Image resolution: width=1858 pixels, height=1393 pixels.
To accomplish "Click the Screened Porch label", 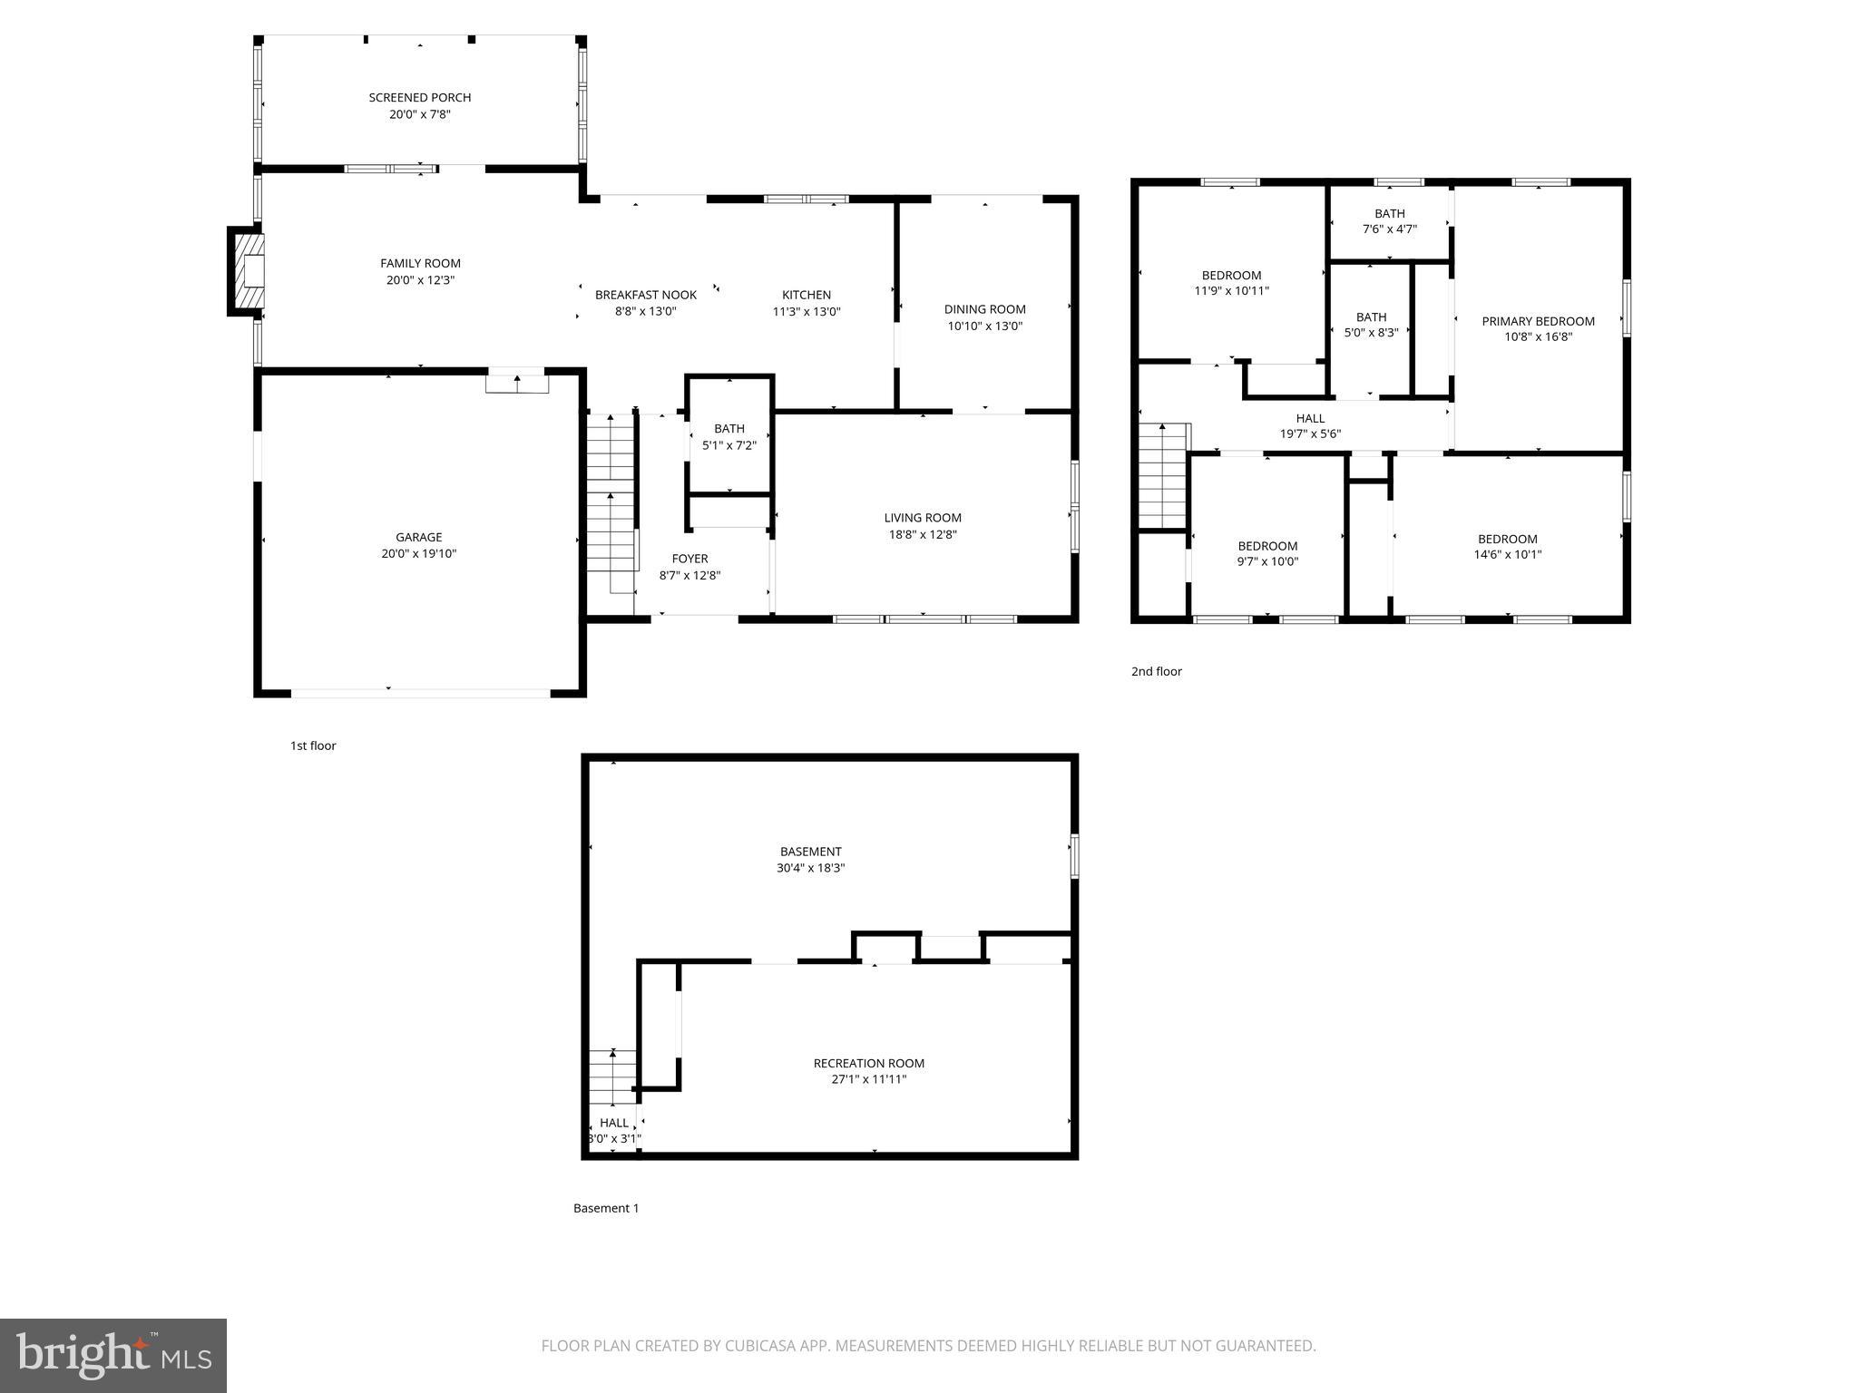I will coord(419,97).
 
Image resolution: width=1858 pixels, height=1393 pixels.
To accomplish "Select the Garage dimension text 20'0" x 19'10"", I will coord(418,553).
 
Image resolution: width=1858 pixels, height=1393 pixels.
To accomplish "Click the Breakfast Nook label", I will coord(645,295).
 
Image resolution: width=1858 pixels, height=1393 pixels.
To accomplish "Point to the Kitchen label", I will coord(806,295).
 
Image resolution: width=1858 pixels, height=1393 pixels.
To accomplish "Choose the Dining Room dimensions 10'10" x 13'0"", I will coord(984,326).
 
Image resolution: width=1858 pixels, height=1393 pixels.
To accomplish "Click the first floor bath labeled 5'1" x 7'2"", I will coord(729,436).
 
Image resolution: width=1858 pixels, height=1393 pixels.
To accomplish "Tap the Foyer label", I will coord(689,559).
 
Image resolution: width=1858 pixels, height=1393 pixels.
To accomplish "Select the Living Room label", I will coord(923,518).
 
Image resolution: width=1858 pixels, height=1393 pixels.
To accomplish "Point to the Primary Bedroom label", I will coord(1538,321).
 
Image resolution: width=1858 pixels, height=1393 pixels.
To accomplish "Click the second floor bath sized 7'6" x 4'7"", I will coord(1389,221).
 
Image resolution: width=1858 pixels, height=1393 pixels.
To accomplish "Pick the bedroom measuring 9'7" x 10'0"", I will coord(1267,553).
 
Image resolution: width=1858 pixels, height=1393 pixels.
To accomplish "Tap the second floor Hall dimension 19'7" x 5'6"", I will coord(1310,433).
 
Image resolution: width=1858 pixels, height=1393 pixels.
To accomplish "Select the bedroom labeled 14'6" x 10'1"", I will coord(1507,546).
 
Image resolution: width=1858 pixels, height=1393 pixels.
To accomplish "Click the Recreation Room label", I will coord(868,1063).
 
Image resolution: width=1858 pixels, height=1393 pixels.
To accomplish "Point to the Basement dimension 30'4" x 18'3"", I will coord(810,868).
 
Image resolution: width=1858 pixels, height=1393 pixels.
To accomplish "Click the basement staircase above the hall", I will coord(612,1076).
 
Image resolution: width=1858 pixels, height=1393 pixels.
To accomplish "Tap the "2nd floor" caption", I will coord(1156,671).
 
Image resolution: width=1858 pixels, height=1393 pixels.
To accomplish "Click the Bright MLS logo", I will coord(112,1355).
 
